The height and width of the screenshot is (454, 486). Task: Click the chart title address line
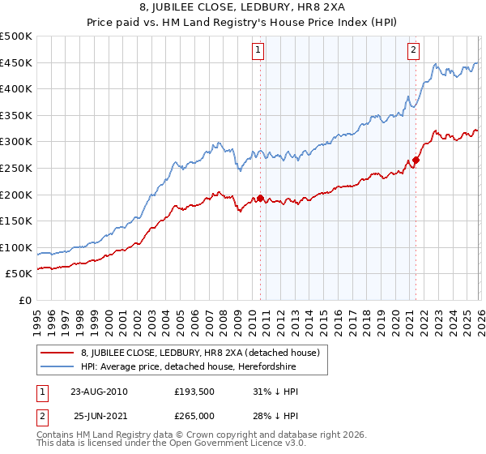243,7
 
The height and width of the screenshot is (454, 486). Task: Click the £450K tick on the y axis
16,63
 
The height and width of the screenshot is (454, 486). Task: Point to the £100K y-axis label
16,247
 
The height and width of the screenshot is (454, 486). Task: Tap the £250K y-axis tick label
16,169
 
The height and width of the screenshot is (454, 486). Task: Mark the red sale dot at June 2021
416,160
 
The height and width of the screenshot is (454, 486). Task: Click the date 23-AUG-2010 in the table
99,392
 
